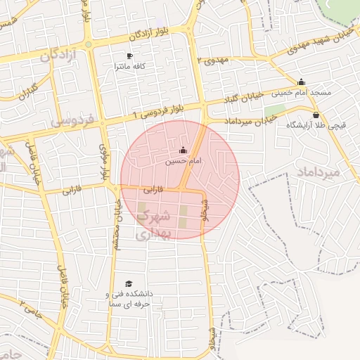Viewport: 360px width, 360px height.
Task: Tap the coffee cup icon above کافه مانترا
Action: pyautogui.click(x=129, y=56)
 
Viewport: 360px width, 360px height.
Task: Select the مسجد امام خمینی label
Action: pyautogui.click(x=302, y=93)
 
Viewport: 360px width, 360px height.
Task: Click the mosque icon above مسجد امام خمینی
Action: pyautogui.click(x=302, y=82)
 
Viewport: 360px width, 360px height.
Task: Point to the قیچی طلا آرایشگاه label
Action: pyautogui.click(x=315, y=125)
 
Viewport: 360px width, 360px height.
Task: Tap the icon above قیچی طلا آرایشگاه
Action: pyautogui.click(x=315, y=115)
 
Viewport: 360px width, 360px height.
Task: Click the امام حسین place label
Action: pyautogui.click(x=184, y=161)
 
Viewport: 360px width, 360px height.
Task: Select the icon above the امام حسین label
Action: pyautogui.click(x=184, y=150)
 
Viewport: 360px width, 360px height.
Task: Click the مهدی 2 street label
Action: pyautogui.click(x=214, y=60)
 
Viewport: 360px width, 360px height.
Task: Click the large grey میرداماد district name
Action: pyautogui.click(x=318, y=172)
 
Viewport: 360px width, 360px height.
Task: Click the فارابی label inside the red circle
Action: pyautogui.click(x=153, y=190)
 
